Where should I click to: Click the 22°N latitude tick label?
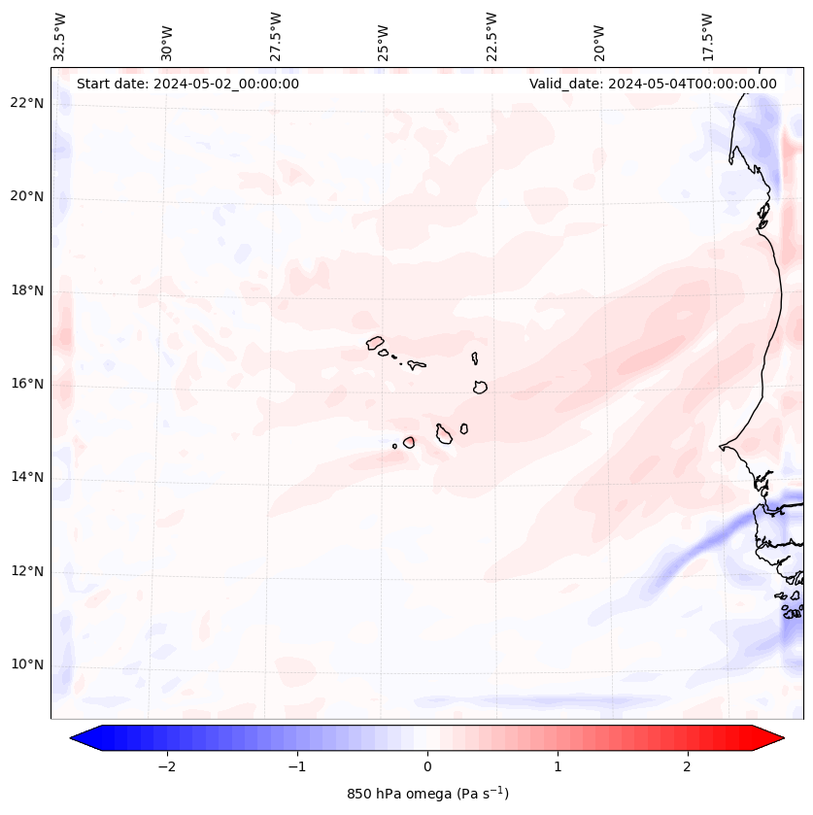click(x=26, y=103)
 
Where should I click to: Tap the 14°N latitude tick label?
click(x=26, y=477)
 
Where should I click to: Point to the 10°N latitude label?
click(x=26, y=665)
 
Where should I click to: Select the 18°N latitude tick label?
click(x=26, y=290)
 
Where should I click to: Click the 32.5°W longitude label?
click(x=59, y=37)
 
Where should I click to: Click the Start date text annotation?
click(x=187, y=84)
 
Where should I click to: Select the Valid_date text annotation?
click(x=653, y=84)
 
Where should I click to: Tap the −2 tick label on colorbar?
click(x=166, y=766)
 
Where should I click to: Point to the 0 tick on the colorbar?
click(x=427, y=766)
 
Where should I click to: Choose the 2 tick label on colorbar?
click(x=688, y=766)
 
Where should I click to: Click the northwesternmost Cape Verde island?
click(x=376, y=342)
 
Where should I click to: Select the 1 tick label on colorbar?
click(x=558, y=766)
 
